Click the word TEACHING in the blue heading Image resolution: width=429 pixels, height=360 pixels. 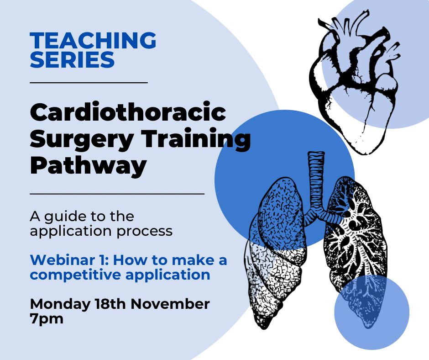(93, 40)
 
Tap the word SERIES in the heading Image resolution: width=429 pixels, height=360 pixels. (72, 59)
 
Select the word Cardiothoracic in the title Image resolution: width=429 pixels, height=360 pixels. (128, 112)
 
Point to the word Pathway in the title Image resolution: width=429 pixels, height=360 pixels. (88, 166)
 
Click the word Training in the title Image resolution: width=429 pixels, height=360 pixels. (196, 139)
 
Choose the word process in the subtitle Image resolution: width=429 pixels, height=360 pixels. (145, 232)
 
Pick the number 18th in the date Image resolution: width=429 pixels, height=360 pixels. (110, 304)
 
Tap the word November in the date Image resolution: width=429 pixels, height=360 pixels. (170, 304)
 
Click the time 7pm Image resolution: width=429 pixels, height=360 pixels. (47, 319)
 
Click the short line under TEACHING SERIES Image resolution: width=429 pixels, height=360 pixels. (89, 82)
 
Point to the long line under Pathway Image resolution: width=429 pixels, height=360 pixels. (117, 194)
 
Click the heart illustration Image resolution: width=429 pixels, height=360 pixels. (355, 82)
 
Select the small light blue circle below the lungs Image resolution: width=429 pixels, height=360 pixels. (371, 312)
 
